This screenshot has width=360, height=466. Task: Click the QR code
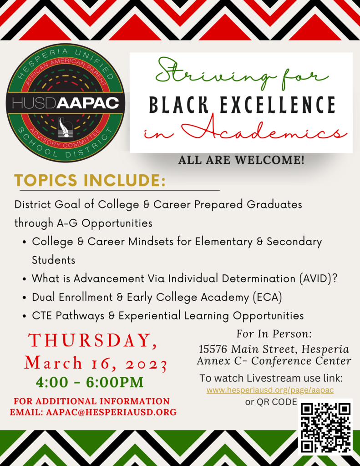pyautogui.click(x=325, y=428)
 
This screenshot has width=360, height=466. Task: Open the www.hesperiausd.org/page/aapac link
pyautogui.click(x=270, y=390)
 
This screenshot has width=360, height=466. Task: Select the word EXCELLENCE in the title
pyautogui.click(x=278, y=105)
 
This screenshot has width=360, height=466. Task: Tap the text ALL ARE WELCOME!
pyautogui.click(x=241, y=160)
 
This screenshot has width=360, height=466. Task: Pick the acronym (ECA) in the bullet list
pyautogui.click(x=267, y=297)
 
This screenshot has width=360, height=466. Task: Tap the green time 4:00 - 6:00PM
pyautogui.click(x=90, y=382)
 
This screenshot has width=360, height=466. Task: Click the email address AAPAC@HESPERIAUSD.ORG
pyautogui.click(x=111, y=412)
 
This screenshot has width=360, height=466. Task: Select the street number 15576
pyautogui.click(x=213, y=349)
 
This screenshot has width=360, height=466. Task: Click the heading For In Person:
pyautogui.click(x=274, y=334)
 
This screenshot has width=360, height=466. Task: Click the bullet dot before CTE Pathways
pyautogui.click(x=25, y=316)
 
